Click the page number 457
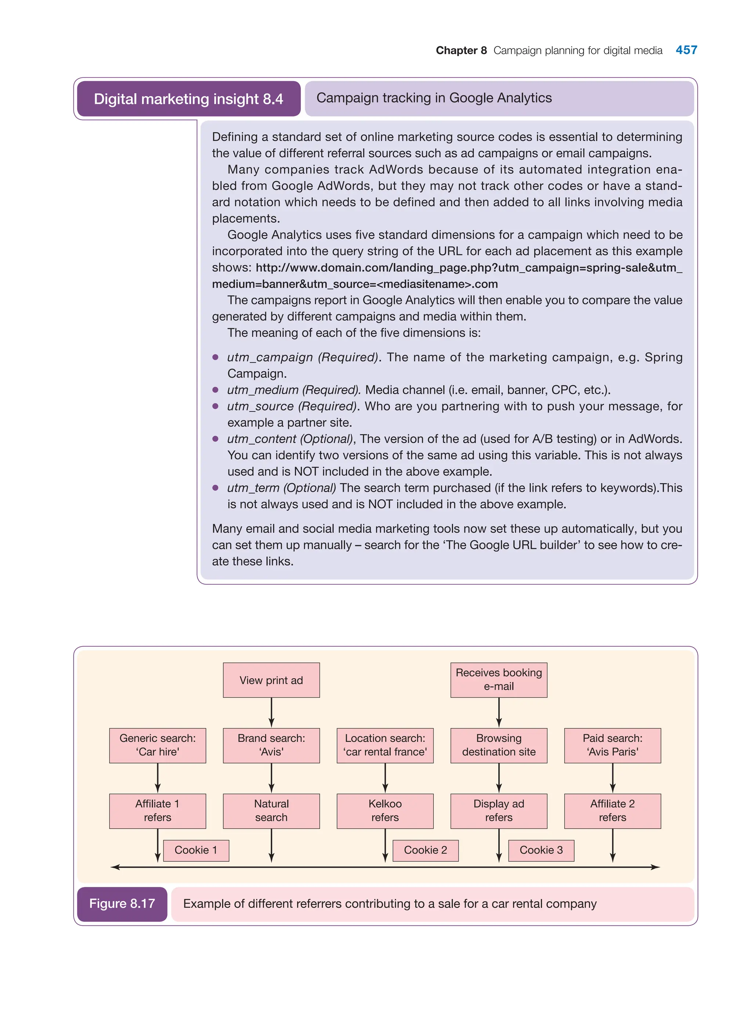(686, 50)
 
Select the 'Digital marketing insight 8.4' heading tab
(188, 99)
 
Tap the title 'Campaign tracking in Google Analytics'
(434, 98)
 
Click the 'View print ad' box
(271, 680)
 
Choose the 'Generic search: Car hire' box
(158, 745)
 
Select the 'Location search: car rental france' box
(385, 745)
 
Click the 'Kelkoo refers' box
(385, 811)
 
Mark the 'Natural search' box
(271, 811)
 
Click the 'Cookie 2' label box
(425, 851)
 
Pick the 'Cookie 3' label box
(541, 851)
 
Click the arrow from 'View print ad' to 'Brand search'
(271, 712)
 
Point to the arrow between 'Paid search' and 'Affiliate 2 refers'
(613, 778)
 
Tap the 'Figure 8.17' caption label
(122, 904)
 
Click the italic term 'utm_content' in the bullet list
(262, 439)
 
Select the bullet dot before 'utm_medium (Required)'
(215, 390)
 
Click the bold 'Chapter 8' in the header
(461, 51)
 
